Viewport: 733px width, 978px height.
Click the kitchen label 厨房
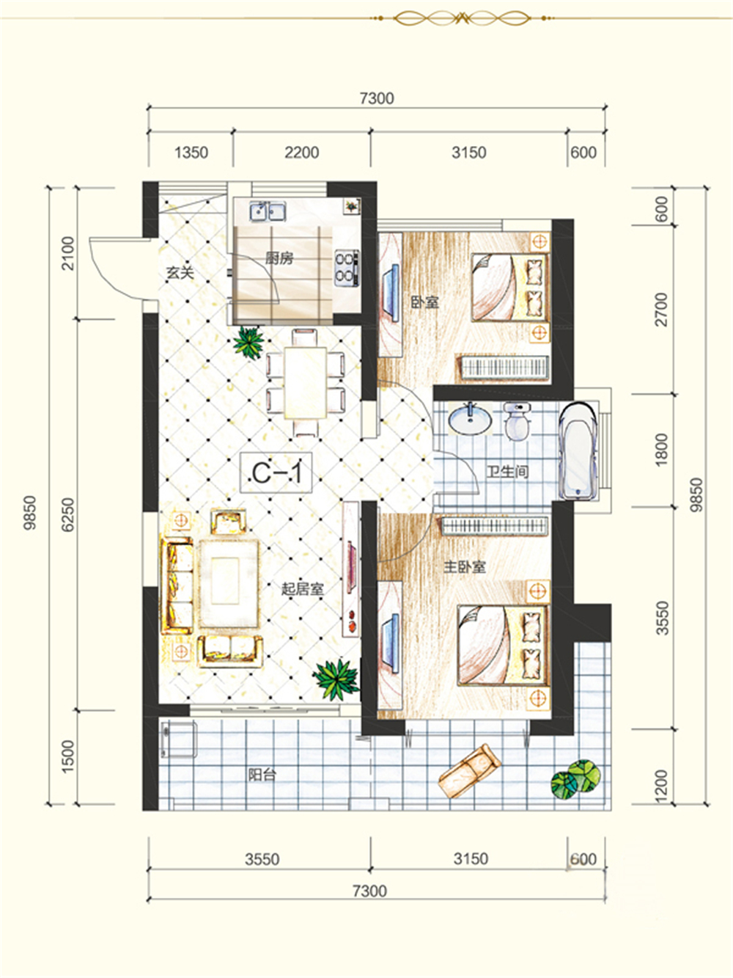(279, 258)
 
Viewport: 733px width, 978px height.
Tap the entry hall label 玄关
(180, 272)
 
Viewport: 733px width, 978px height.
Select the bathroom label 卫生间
(507, 472)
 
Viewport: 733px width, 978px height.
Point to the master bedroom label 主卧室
(465, 566)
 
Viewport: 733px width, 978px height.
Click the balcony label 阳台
(262, 774)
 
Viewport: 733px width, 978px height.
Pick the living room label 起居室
(302, 589)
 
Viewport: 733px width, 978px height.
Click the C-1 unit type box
(276, 472)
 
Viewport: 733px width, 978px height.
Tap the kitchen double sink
(268, 211)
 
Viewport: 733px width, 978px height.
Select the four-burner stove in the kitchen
(347, 267)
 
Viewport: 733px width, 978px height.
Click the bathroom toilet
(517, 421)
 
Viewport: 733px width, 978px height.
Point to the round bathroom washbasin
(470, 419)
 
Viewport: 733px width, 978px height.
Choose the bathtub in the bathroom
(578, 451)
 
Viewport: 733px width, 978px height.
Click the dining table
(306, 382)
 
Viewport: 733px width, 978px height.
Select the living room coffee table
(229, 583)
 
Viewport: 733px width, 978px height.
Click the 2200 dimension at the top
(302, 153)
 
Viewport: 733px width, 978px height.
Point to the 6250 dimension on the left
(68, 514)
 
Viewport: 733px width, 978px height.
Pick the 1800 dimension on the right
(662, 450)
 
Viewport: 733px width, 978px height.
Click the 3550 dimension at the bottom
(262, 858)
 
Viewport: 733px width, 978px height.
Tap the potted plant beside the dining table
(248, 342)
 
